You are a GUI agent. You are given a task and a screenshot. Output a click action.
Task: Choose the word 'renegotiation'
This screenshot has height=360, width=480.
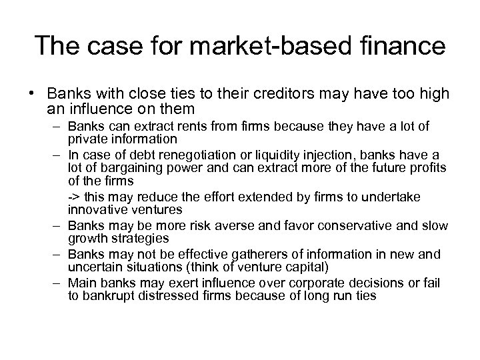184,154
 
